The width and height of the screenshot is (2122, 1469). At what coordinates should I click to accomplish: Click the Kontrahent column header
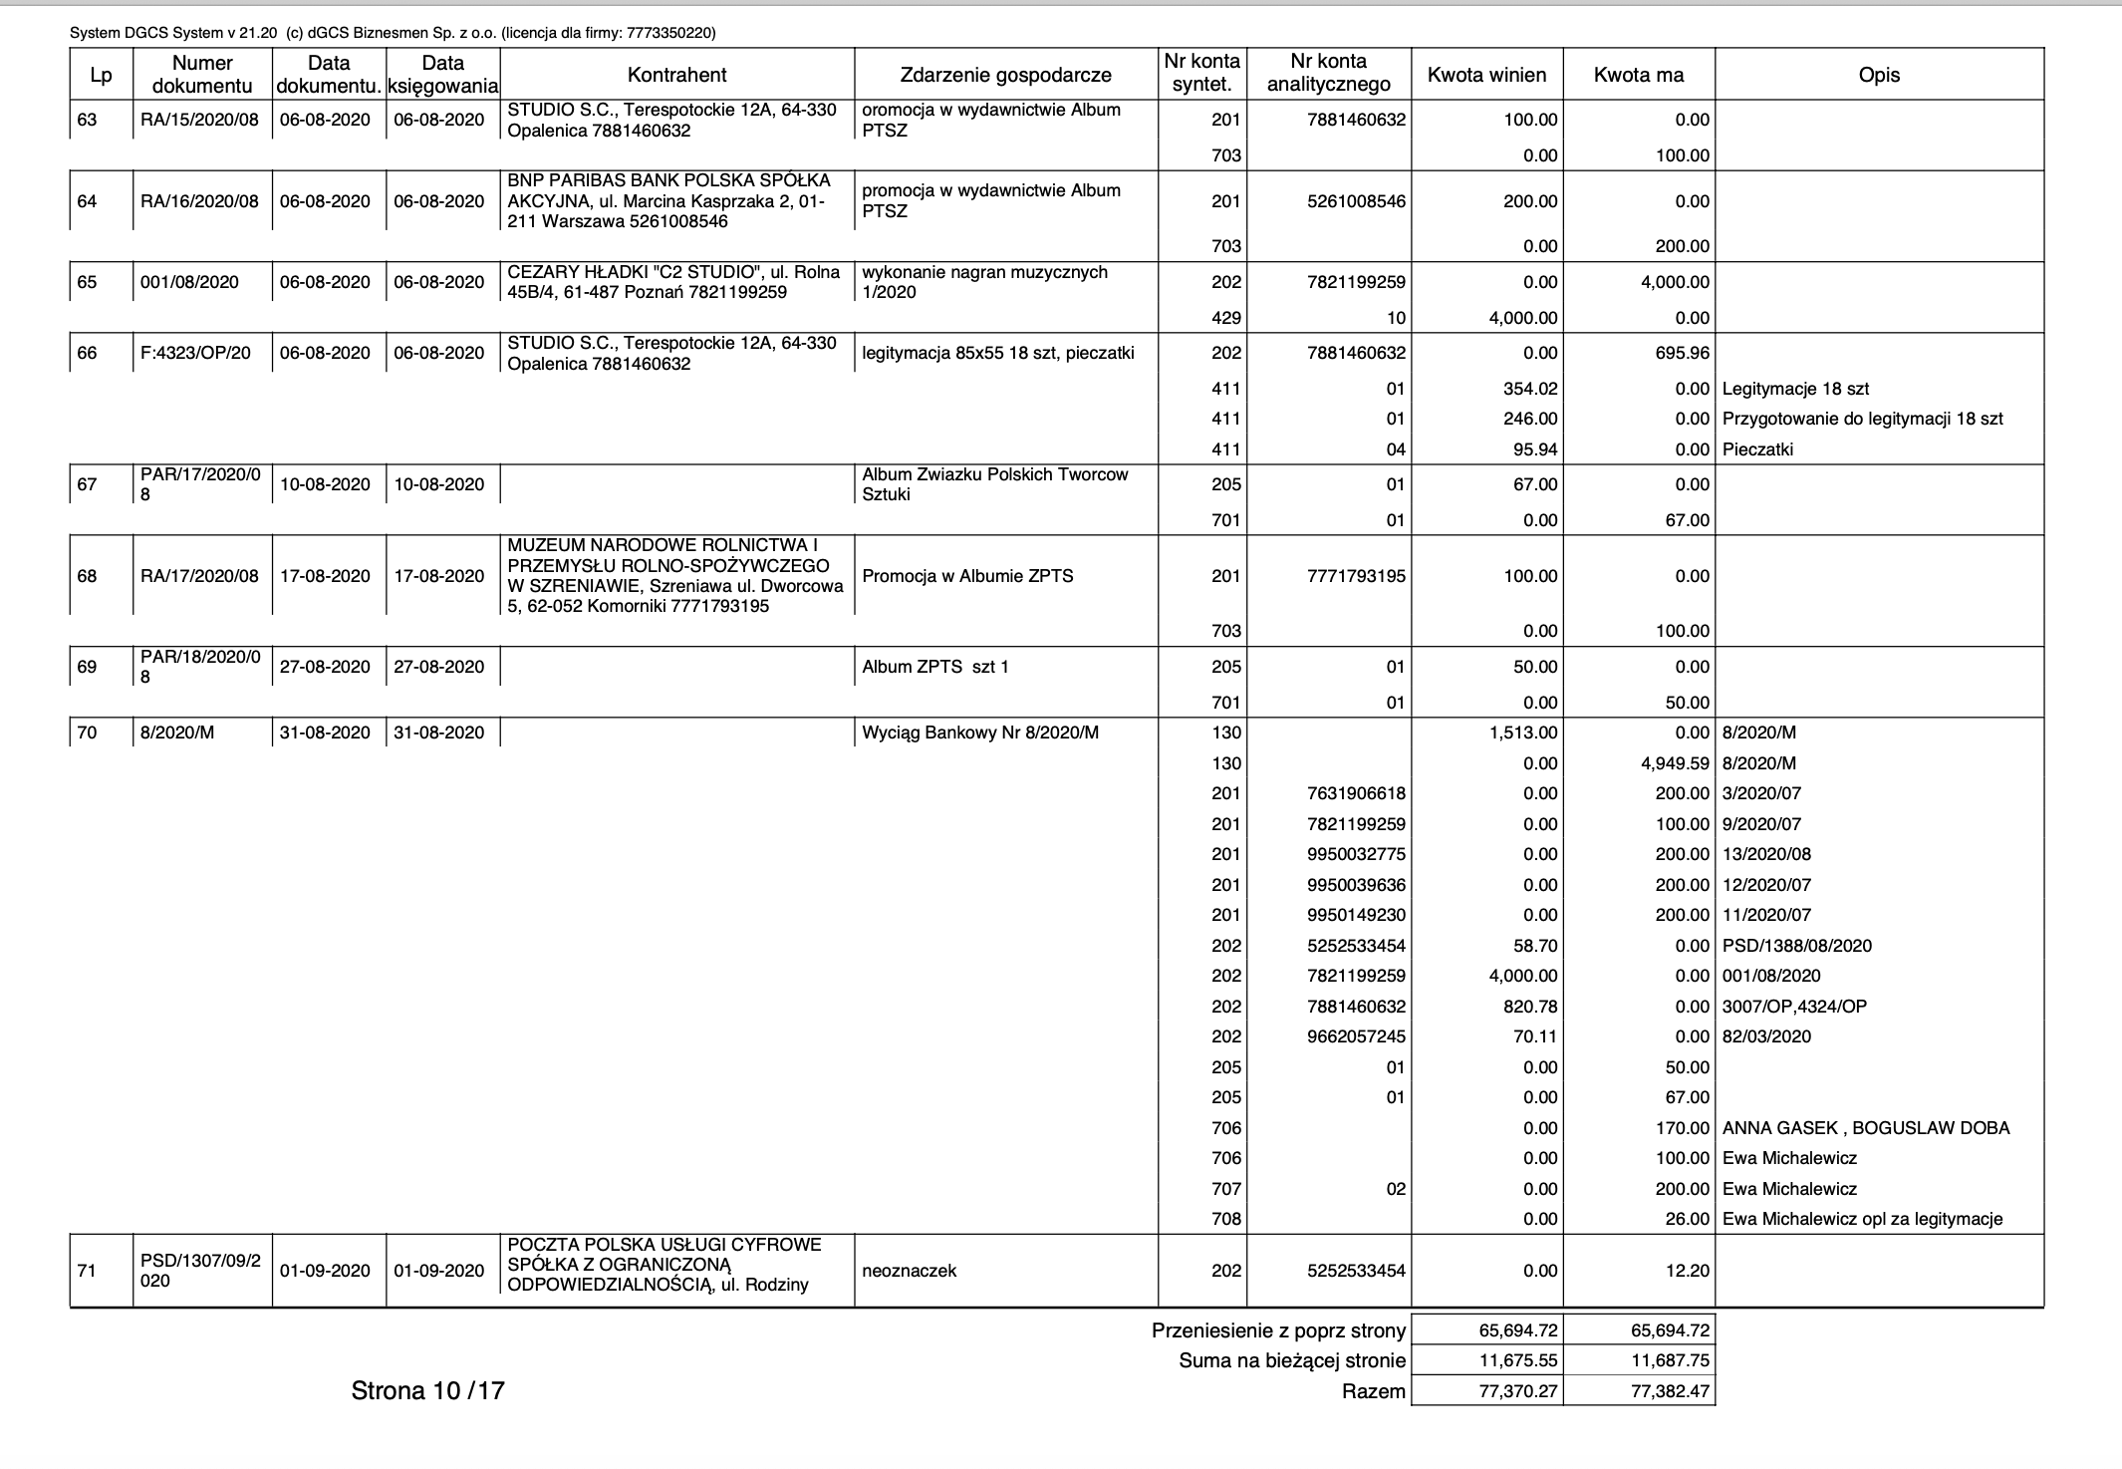click(676, 75)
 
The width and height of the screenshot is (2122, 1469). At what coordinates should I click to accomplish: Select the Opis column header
click(1879, 75)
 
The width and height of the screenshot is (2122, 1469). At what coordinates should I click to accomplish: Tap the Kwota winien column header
click(1486, 75)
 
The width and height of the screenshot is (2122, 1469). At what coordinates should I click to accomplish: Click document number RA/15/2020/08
click(199, 120)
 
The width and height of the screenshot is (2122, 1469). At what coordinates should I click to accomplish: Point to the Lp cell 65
click(88, 282)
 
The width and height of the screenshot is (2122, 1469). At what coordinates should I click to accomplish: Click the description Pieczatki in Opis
click(1757, 449)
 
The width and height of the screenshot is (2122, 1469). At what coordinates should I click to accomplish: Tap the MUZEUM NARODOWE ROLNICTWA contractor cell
click(673, 576)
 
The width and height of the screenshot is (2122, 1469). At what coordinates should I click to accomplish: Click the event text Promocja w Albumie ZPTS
click(967, 576)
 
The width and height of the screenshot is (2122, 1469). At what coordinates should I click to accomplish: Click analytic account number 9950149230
click(1357, 915)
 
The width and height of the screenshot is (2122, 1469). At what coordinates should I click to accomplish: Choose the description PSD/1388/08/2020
click(1797, 946)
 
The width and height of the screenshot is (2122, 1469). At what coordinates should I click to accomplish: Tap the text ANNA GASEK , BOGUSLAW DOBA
click(1865, 1128)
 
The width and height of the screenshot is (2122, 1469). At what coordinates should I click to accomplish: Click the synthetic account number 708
click(1226, 1219)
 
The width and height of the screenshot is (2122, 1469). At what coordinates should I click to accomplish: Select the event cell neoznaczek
click(909, 1271)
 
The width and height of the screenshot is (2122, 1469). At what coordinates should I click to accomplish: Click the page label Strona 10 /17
click(427, 1391)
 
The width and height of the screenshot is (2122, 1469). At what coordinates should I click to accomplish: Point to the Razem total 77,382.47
click(1670, 1391)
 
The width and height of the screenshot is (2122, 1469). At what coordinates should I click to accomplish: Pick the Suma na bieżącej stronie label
click(1291, 1360)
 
